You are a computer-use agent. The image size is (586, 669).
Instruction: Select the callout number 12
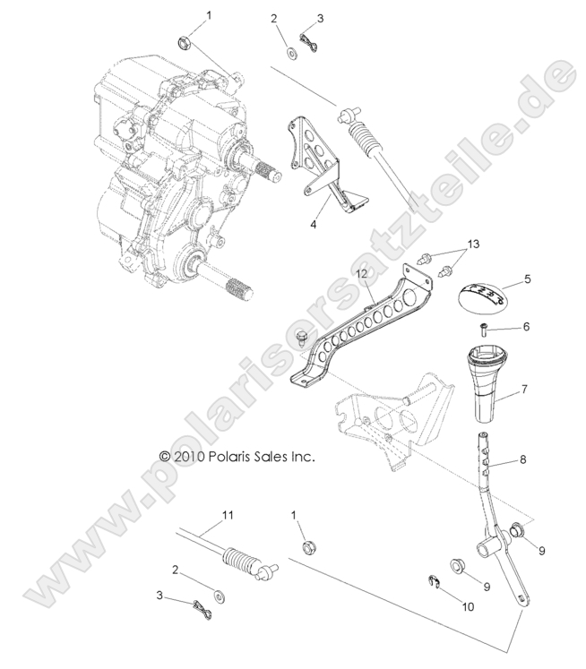[x=362, y=272]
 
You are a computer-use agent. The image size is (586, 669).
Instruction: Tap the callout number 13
[x=474, y=244]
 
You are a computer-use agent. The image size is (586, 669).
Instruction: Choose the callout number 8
[x=524, y=460]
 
